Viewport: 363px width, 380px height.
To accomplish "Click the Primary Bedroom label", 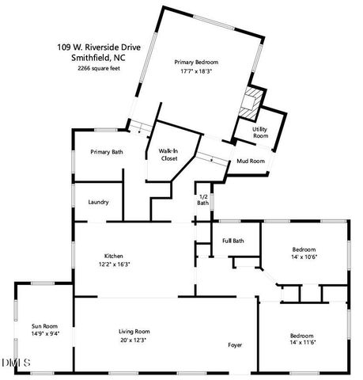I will pyautogui.click(x=196, y=62).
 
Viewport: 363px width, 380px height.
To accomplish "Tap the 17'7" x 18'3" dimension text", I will pyautogui.click(x=196, y=71).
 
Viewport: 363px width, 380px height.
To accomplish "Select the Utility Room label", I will pyautogui.click(x=260, y=132).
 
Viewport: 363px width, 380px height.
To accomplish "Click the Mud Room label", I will pyautogui.click(x=251, y=161).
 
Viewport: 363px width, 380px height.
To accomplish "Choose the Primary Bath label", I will pyautogui.click(x=106, y=151).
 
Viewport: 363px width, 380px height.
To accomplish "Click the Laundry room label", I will pyautogui.click(x=99, y=202).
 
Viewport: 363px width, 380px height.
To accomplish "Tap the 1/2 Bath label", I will pyautogui.click(x=203, y=199).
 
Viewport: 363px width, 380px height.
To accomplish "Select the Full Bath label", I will pyautogui.click(x=233, y=241).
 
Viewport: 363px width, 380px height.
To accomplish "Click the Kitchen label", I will pyautogui.click(x=114, y=256).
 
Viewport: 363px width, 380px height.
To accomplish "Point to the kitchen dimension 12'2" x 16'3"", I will pyautogui.click(x=114, y=264).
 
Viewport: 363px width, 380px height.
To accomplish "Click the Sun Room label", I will pyautogui.click(x=44, y=325).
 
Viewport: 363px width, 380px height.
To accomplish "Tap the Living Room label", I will pyautogui.click(x=134, y=331).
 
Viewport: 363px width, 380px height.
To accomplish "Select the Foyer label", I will pyautogui.click(x=235, y=345).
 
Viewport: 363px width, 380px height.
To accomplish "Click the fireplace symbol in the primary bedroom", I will pyautogui.click(x=251, y=102).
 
